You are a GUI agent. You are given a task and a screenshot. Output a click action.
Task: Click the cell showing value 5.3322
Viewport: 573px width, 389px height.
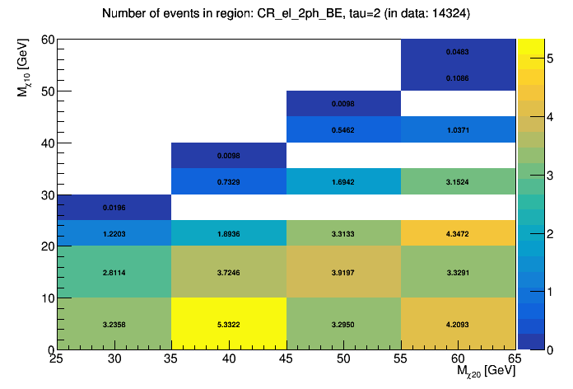pyautogui.click(x=229, y=324)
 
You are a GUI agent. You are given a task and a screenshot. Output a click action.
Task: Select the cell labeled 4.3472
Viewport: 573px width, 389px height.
pyautogui.click(x=459, y=233)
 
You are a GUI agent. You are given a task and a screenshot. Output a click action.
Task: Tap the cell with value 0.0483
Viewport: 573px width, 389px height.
pyautogui.click(x=459, y=52)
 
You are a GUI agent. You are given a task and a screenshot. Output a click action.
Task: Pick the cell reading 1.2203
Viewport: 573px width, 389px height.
pyautogui.click(x=114, y=233)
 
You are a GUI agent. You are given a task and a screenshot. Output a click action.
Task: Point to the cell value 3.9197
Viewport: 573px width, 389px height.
pyautogui.click(x=343, y=272)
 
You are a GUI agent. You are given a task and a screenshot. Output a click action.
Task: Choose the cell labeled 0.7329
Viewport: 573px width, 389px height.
pyautogui.click(x=229, y=181)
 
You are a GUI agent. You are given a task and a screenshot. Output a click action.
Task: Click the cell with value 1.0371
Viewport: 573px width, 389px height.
pyautogui.click(x=459, y=129)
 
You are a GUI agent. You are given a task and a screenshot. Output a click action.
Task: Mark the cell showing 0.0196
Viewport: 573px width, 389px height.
pyautogui.click(x=114, y=208)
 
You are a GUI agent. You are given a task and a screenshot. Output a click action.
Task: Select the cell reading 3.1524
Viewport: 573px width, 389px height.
pyautogui.click(x=459, y=181)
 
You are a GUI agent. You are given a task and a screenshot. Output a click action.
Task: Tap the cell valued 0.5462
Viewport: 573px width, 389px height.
pyautogui.click(x=343, y=129)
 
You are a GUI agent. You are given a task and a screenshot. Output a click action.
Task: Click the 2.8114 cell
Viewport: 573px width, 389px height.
pyautogui.click(x=114, y=272)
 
